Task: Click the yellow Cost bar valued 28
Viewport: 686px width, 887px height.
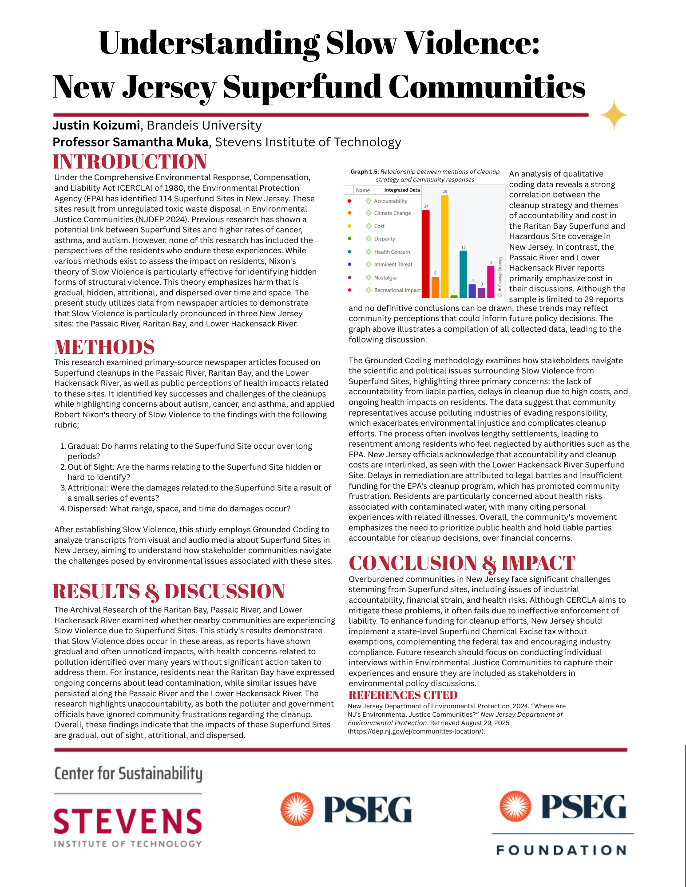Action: [x=444, y=246]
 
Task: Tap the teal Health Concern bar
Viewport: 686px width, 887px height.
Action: [x=463, y=274]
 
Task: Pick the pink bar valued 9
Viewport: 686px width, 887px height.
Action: [x=491, y=282]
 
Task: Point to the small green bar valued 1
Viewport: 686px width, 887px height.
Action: [x=454, y=296]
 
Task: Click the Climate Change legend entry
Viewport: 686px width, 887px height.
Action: [x=392, y=213]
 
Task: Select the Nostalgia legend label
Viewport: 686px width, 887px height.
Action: [x=385, y=278]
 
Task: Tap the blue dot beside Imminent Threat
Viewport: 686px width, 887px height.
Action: [x=349, y=264]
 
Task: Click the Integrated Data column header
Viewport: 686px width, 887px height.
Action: [x=402, y=190]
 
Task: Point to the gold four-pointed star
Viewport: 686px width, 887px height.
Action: [x=614, y=115]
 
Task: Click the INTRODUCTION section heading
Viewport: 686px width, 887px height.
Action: [x=130, y=162]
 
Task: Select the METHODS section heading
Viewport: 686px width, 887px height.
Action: [x=104, y=347]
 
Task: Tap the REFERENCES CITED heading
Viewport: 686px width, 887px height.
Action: [x=403, y=695]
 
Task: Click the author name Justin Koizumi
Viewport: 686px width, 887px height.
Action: [x=96, y=126]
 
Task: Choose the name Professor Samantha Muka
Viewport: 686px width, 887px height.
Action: [x=131, y=142]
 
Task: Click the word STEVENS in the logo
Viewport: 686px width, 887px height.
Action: [x=128, y=821]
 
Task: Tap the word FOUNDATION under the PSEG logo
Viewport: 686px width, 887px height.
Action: [x=562, y=850]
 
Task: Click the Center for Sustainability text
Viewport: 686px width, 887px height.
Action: [x=128, y=774]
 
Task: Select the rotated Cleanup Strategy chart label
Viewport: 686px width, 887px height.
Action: [x=500, y=271]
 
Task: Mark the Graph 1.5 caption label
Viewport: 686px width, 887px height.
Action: [x=365, y=172]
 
